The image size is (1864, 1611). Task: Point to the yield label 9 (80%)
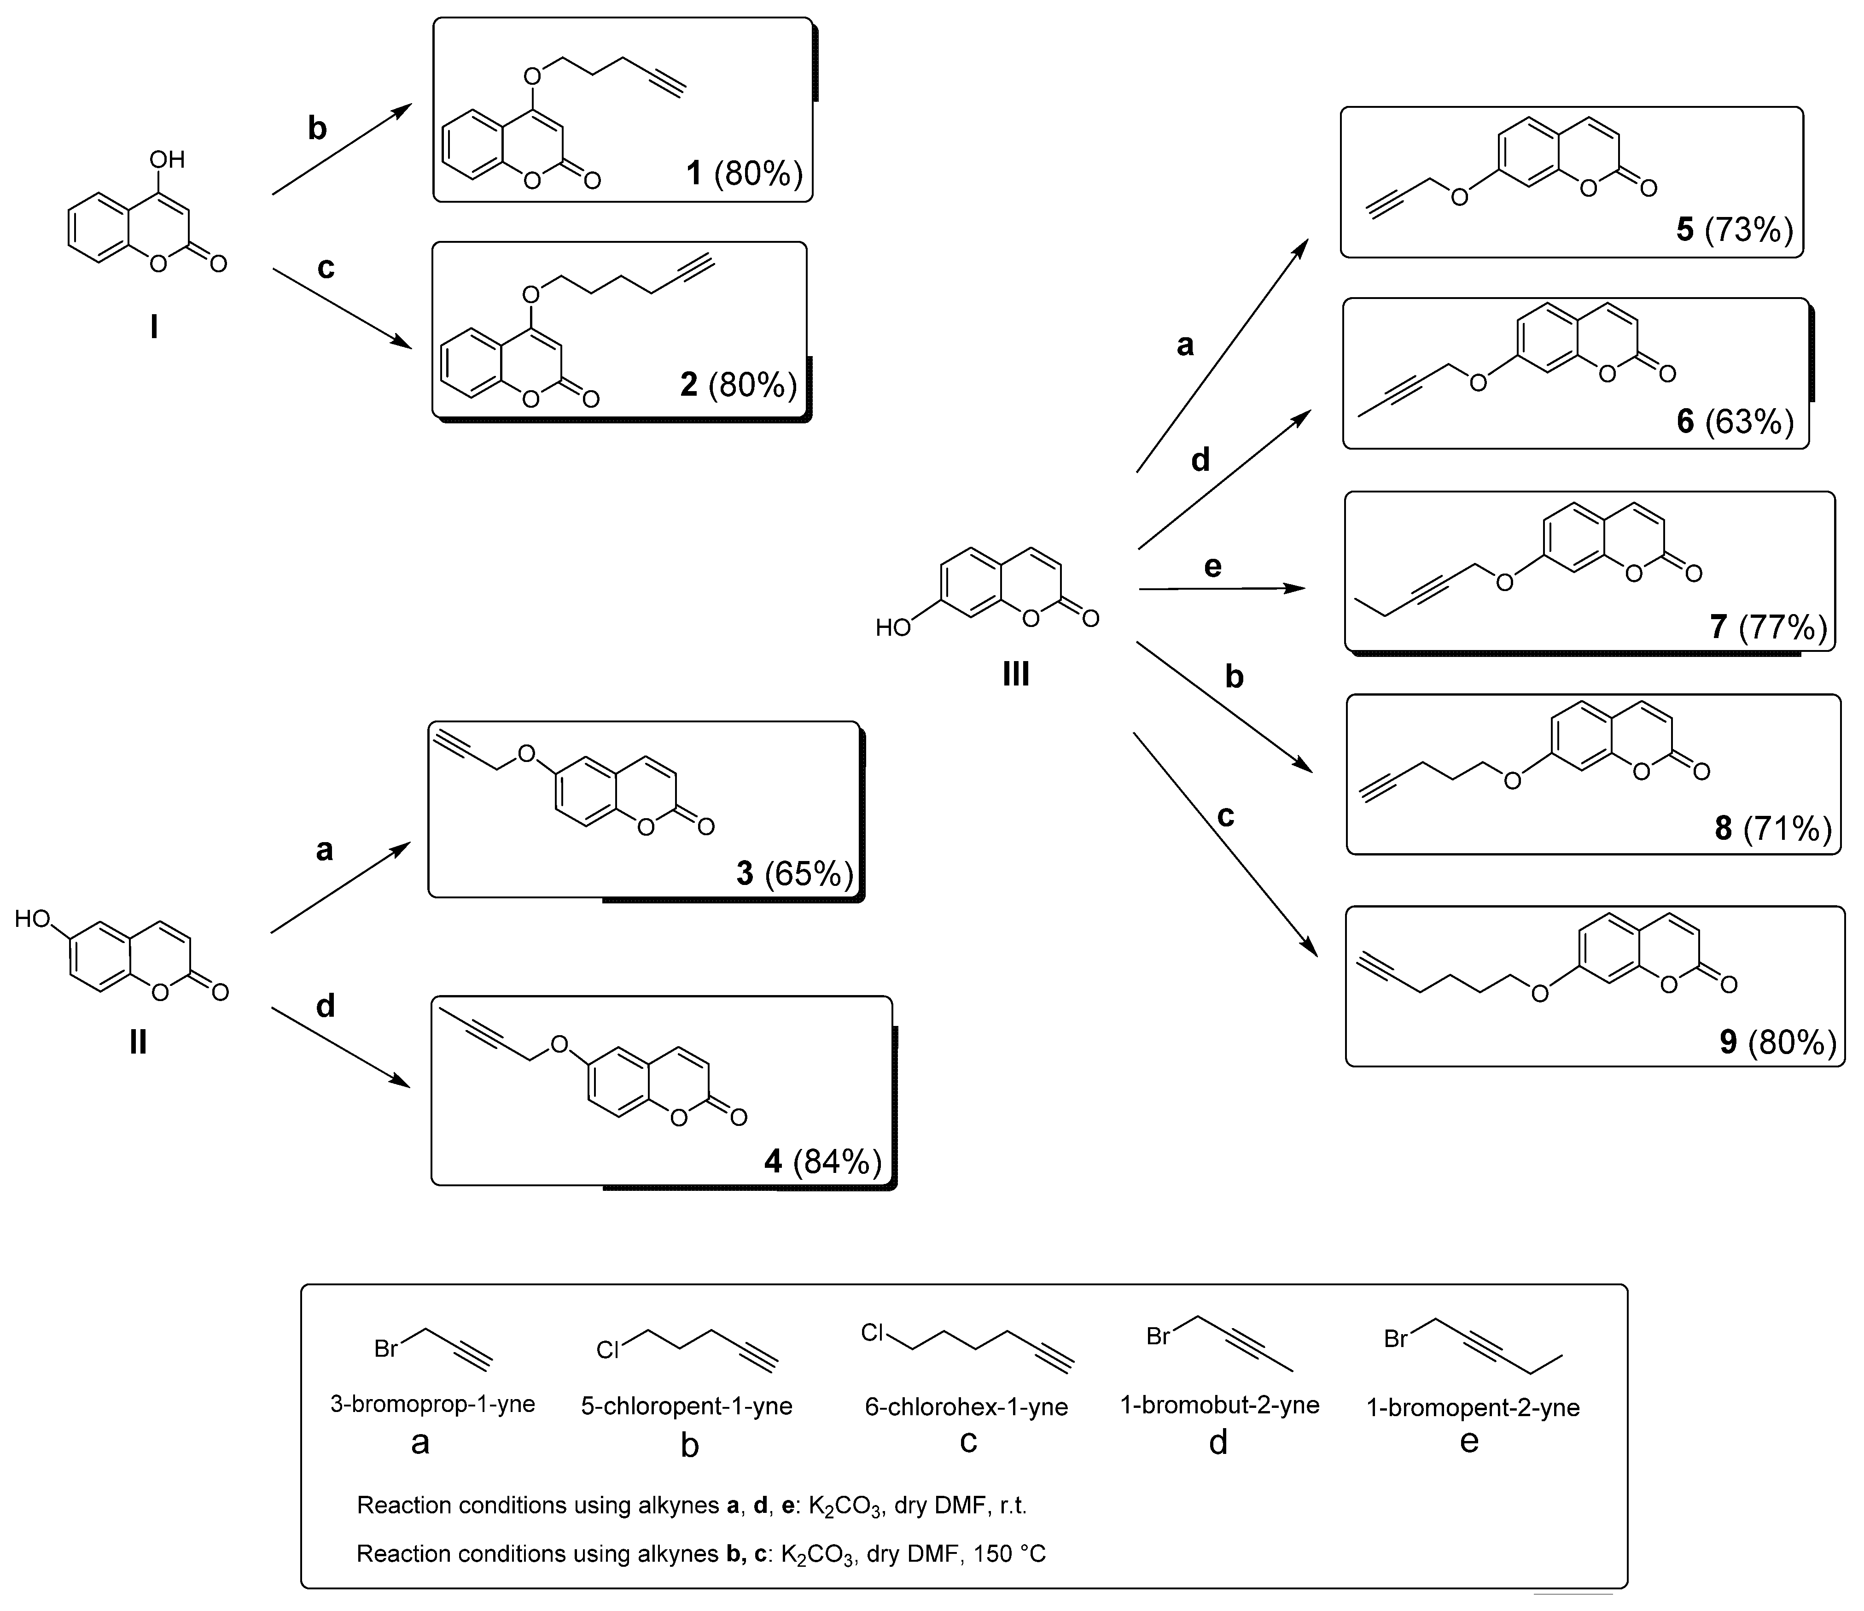[1777, 1042]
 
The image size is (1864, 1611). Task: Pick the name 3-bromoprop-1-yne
[433, 1404]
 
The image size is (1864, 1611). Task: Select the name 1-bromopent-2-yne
[1473, 1407]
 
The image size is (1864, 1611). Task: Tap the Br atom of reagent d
[1158, 1336]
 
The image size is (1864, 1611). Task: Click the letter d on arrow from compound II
[326, 1005]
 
